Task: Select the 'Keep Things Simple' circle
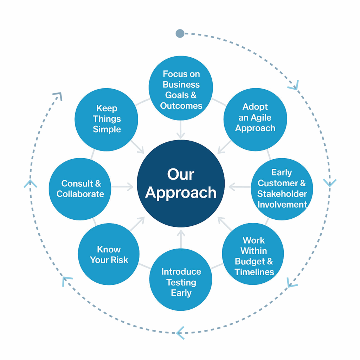tap(106, 119)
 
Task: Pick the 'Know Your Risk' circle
tap(109, 254)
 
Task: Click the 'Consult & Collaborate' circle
tap(80, 189)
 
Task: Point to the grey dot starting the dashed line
tap(180, 33)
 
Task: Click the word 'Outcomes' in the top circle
tap(181, 106)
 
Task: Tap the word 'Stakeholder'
tap(282, 194)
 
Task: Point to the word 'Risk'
tap(119, 260)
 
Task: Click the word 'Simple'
tap(107, 129)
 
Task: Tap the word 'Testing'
tap(181, 282)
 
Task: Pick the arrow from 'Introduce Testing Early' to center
tap(181, 239)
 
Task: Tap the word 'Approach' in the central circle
tap(181, 193)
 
